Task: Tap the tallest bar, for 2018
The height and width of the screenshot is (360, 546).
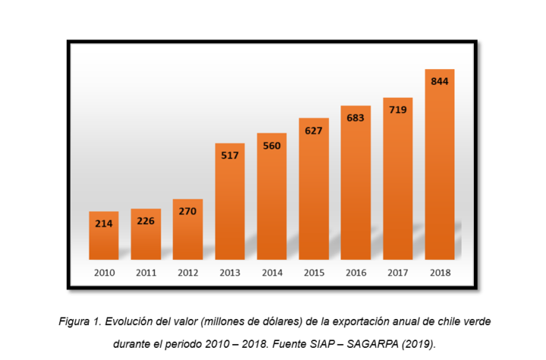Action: (440, 167)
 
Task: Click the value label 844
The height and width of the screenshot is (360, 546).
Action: (440, 81)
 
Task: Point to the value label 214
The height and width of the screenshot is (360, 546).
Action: (104, 224)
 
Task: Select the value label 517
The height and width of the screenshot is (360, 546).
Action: (230, 155)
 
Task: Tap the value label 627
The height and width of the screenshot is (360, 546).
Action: (314, 130)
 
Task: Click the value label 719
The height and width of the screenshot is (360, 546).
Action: (398, 110)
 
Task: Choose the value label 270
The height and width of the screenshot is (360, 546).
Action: (188, 211)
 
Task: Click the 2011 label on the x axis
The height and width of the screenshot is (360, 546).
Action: (146, 271)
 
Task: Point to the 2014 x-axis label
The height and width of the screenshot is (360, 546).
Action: (271, 271)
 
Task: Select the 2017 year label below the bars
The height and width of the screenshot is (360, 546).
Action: (398, 271)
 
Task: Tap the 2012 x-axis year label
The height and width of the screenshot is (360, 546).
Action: (188, 271)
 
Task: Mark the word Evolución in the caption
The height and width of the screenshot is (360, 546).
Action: (131, 322)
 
